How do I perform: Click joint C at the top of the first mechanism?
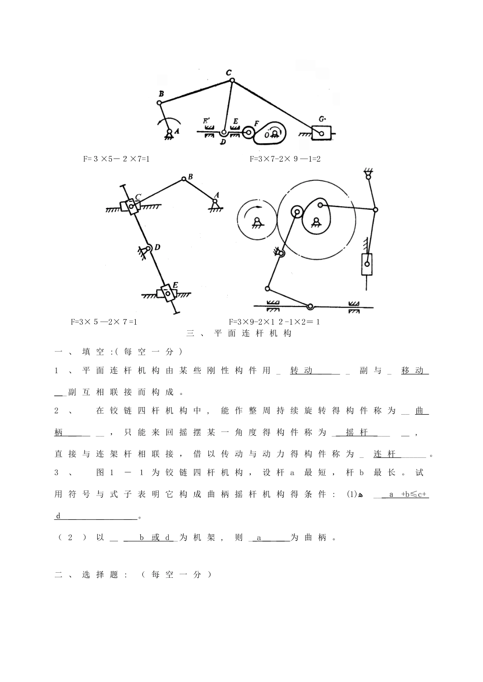pos(231,80)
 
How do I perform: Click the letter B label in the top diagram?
pos(161,94)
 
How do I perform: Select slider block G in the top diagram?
pos(322,133)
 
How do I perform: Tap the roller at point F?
pos(249,133)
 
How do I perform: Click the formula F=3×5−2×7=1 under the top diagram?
pos(116,159)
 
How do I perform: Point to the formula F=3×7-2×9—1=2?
pos(285,159)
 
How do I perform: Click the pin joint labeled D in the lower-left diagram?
pos(147,249)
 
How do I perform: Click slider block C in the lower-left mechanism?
pos(131,206)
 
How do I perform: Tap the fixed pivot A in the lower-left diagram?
pos(216,201)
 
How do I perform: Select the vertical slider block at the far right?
pos(367,264)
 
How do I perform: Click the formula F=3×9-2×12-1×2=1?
pos(274,322)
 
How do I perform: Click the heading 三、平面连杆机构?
pos(239,333)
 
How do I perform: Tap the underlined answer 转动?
pos(301,370)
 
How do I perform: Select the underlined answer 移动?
pos(412,370)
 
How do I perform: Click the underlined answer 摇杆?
pos(357,432)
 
